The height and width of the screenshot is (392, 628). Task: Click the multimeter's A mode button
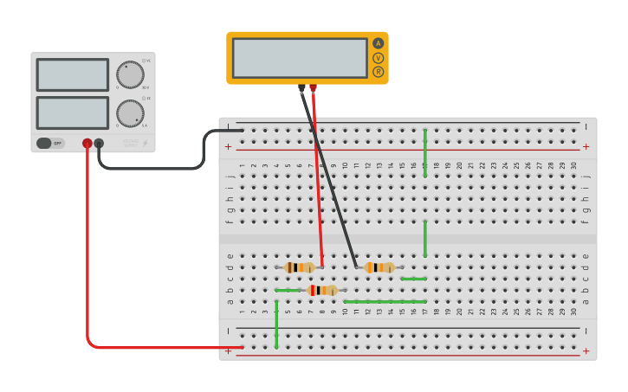coord(378,43)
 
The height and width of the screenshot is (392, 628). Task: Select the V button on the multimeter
coord(378,58)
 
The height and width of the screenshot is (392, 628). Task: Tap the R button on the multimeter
coord(378,72)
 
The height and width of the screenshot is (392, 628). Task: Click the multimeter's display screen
coord(300,58)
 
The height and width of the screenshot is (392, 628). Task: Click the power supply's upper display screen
coord(73,74)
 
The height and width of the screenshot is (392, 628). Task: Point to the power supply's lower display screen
coord(73,112)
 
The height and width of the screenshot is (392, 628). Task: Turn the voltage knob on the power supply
coord(130,74)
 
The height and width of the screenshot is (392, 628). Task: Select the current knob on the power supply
coord(130,112)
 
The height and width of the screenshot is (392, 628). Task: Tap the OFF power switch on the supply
coord(50,143)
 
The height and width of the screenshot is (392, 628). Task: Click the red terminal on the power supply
coord(87,144)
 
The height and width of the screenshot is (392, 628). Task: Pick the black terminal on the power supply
coord(99,144)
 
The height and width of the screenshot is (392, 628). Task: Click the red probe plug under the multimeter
coord(313,87)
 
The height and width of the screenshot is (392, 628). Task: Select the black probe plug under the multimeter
coord(301,87)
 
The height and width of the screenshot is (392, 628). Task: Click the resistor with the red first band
coord(322,290)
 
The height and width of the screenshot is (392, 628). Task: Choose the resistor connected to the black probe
coord(379,267)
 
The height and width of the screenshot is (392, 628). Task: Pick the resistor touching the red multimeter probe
coord(300,267)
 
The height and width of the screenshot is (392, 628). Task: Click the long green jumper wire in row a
coord(385,301)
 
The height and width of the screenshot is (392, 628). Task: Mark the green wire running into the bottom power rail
coord(276,325)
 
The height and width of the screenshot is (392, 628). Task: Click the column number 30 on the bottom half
coord(573,312)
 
